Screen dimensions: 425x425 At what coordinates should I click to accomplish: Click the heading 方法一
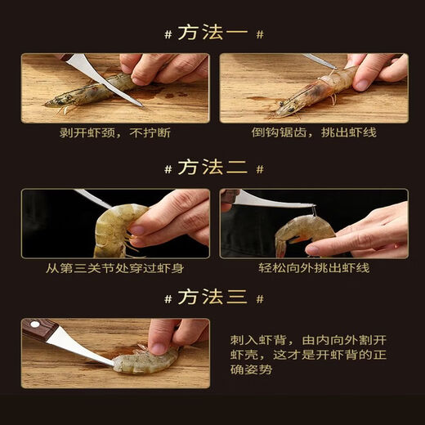pyautogui.click(x=212, y=34)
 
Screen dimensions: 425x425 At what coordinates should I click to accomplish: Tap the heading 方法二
pyautogui.click(x=212, y=168)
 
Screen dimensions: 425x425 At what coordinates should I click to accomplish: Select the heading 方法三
pyautogui.click(x=212, y=297)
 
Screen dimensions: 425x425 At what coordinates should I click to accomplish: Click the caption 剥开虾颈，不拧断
pyautogui.click(x=115, y=132)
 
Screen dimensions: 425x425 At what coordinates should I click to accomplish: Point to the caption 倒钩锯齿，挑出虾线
pyautogui.click(x=314, y=132)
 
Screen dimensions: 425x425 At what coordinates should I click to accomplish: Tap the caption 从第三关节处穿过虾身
pyautogui.click(x=115, y=266)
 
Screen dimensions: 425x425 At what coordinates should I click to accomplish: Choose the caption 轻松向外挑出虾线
pyautogui.click(x=314, y=266)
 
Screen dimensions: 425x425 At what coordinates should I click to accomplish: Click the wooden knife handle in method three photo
pyautogui.click(x=38, y=329)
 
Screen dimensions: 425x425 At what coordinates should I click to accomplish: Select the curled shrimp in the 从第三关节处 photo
pyautogui.click(x=114, y=229)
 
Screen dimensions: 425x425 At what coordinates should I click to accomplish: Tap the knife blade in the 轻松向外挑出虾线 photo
pyautogui.click(x=270, y=201)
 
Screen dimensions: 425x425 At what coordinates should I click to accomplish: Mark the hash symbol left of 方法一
pyautogui.click(x=167, y=34)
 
